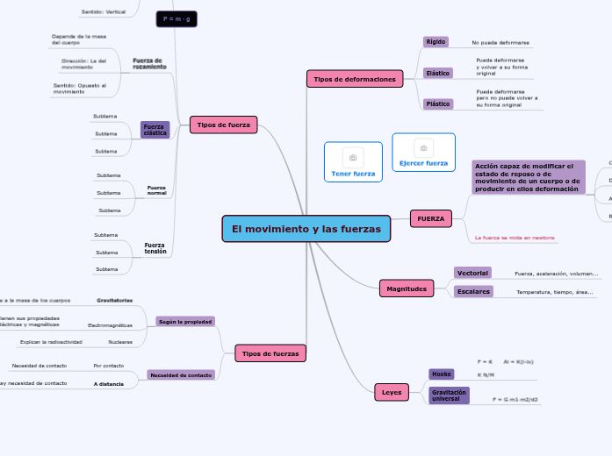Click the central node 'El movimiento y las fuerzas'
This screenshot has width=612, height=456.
click(x=306, y=229)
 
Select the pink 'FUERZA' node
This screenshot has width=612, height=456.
click(x=430, y=217)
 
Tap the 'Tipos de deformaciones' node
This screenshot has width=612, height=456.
click(x=354, y=79)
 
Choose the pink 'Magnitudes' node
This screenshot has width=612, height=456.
click(x=407, y=289)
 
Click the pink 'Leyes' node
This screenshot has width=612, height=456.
click(x=391, y=392)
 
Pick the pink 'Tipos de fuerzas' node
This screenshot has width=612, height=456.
click(x=270, y=353)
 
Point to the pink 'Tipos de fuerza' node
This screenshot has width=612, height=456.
click(x=223, y=125)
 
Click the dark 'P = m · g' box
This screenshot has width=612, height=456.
click(x=176, y=18)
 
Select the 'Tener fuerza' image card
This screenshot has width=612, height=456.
click(x=352, y=162)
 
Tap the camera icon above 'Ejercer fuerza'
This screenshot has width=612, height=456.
click(x=423, y=148)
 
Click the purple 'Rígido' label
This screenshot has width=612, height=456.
click(x=436, y=41)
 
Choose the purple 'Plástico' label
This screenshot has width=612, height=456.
click(x=437, y=103)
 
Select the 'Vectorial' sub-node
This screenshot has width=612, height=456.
click(x=472, y=273)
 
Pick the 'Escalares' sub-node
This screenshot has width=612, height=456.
click(x=473, y=291)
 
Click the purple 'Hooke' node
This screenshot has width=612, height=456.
click(x=441, y=374)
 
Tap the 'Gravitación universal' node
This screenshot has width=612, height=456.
click(x=449, y=395)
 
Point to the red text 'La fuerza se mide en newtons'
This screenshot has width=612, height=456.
click(x=514, y=238)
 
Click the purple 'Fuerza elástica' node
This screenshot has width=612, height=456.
click(x=155, y=130)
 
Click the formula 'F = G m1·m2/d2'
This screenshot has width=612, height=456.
click(x=515, y=399)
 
